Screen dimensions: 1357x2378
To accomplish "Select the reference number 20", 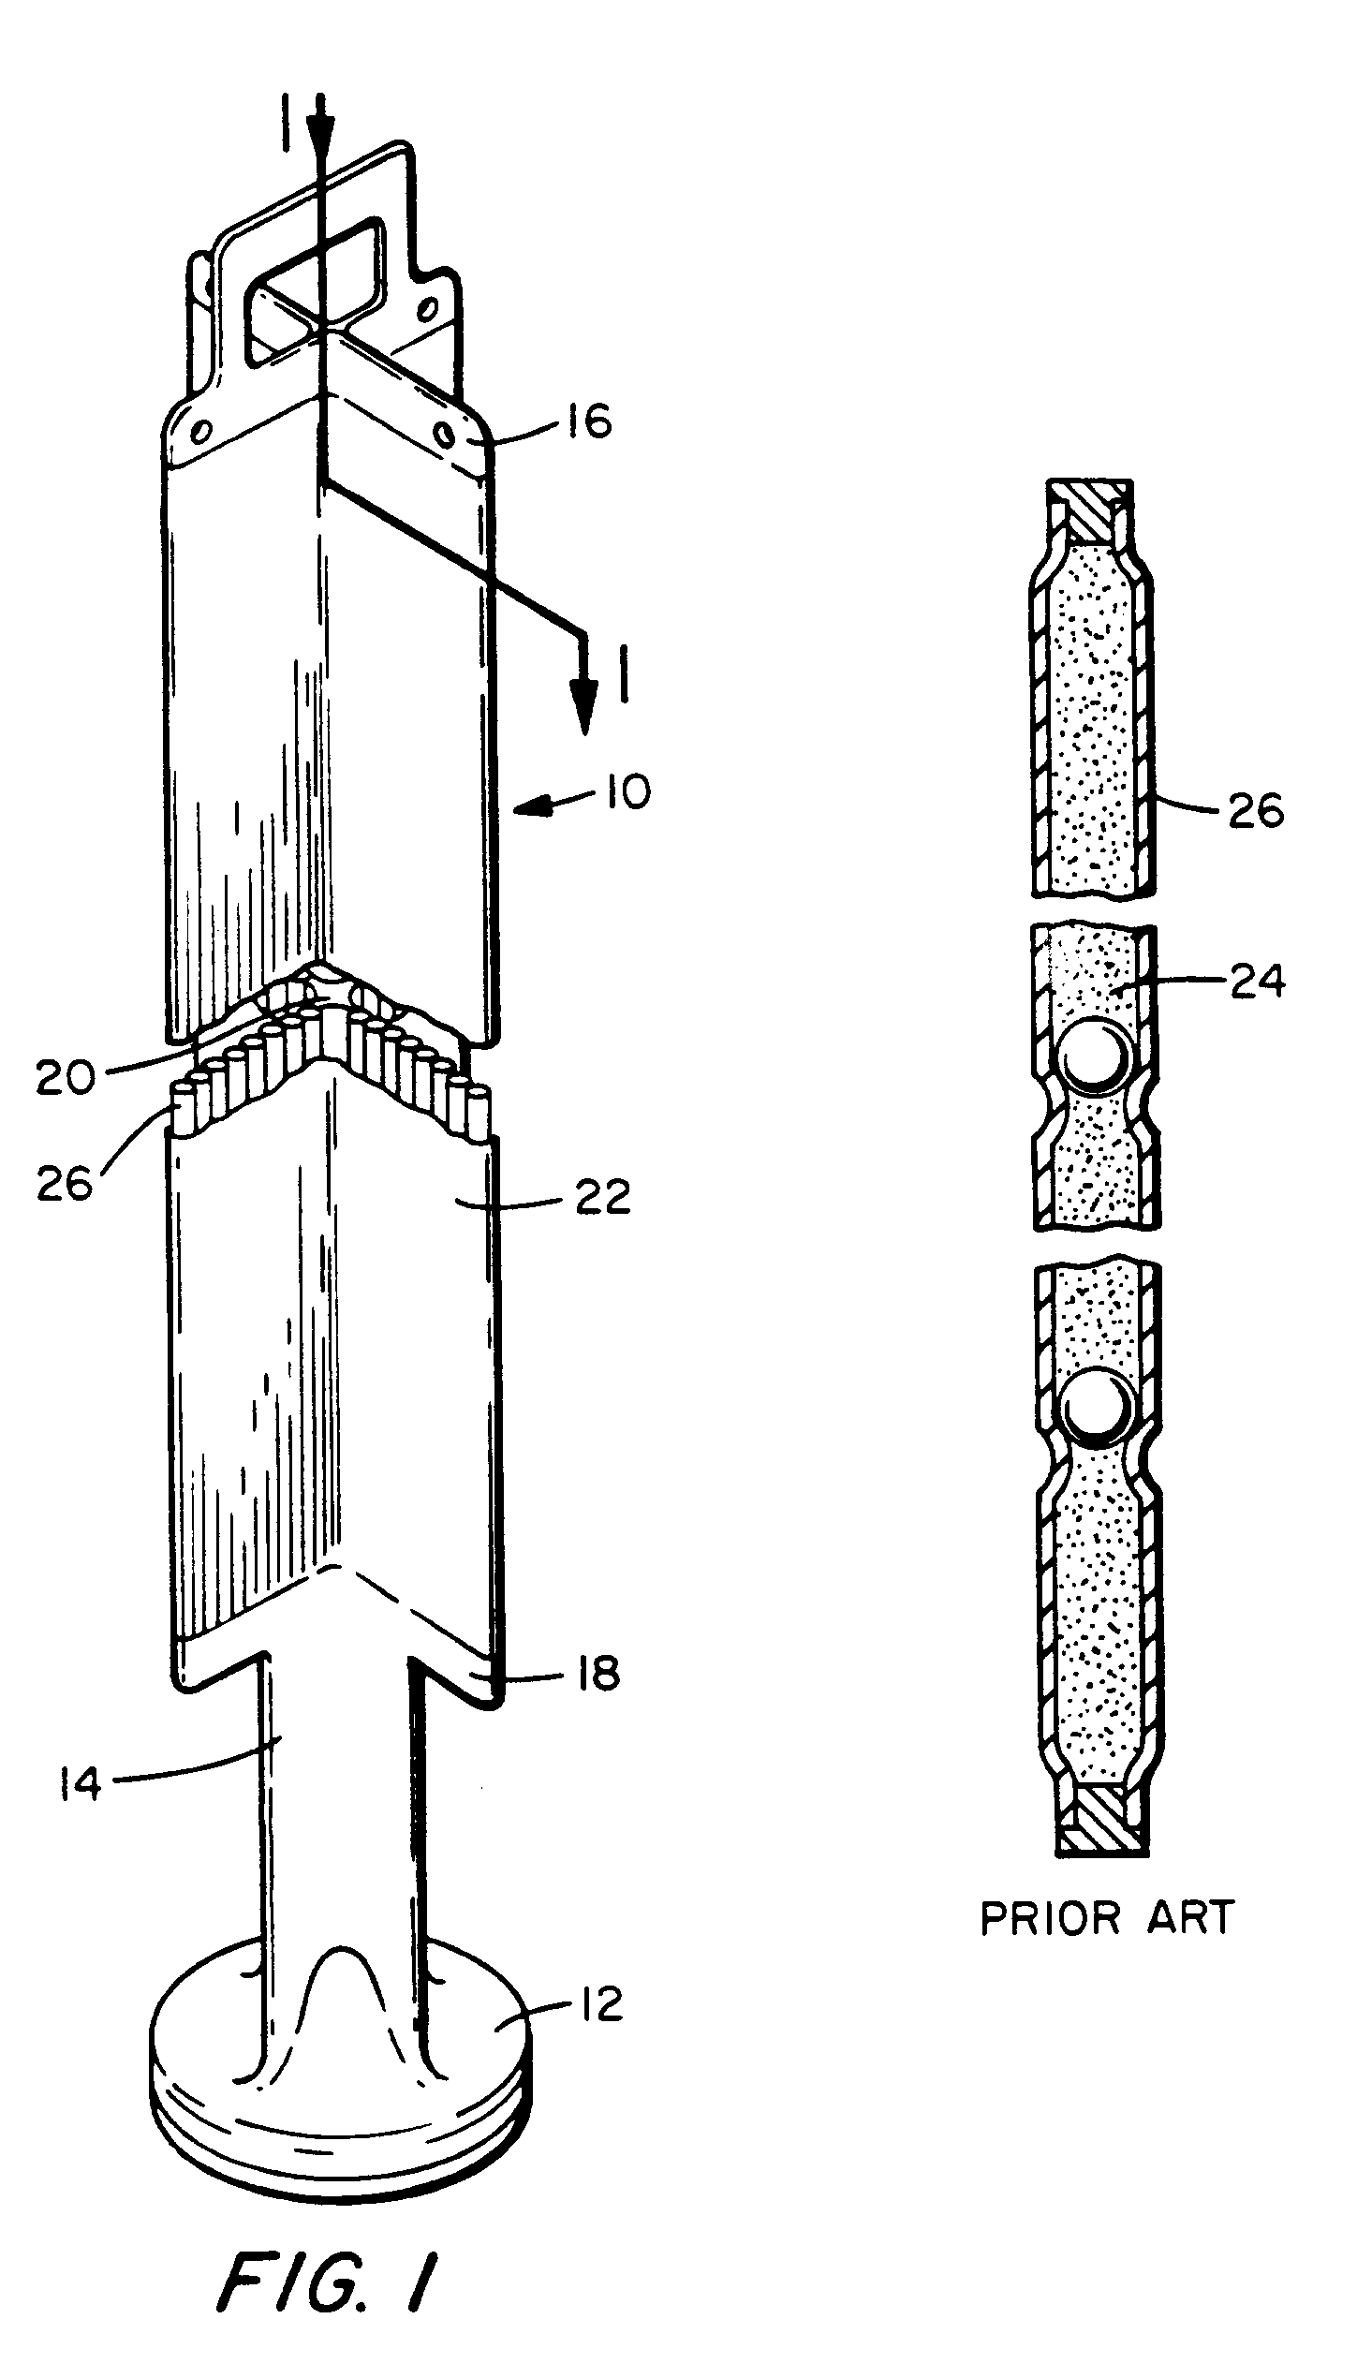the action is (66, 1077).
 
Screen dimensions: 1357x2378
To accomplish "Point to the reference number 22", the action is (601, 1197).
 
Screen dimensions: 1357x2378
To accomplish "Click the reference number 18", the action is (593, 1673).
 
